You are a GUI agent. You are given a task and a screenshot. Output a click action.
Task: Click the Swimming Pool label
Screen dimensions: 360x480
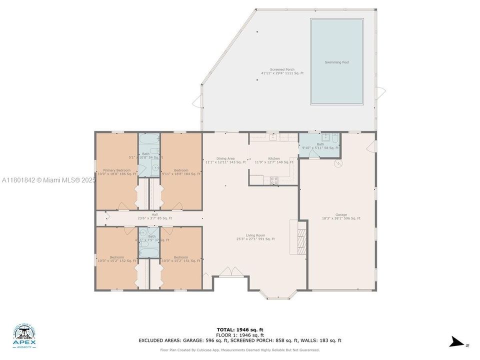pos(336,62)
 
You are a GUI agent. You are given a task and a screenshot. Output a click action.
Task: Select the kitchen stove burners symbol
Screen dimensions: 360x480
pos(274,180)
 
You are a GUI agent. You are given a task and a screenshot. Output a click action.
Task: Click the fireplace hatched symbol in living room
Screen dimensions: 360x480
pos(301,239)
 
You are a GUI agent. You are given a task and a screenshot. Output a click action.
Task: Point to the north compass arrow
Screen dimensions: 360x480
pos(457,342)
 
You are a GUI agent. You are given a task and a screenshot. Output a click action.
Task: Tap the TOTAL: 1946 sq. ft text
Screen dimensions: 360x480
pos(240,330)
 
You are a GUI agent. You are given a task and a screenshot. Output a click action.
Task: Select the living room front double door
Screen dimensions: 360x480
pos(227,271)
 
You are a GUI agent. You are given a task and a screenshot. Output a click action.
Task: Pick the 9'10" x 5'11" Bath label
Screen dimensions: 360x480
pos(320,146)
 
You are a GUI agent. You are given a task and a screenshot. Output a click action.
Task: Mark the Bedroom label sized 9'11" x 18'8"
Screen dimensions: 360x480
pos(181,172)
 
